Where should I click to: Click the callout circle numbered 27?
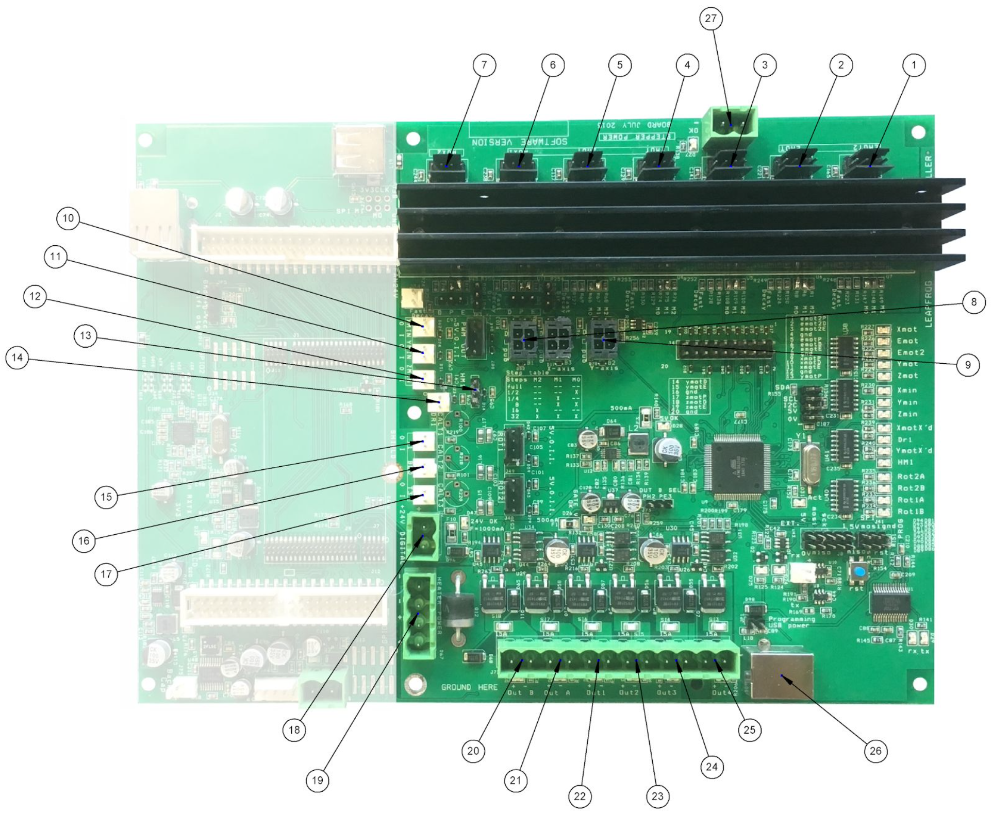pos(710,19)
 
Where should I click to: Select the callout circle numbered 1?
pos(914,65)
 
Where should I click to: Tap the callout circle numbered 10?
pos(68,218)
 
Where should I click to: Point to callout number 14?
pos(18,358)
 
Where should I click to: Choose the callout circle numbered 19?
pos(318,780)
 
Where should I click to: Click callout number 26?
pos(875,751)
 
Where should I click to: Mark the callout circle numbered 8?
pos(973,302)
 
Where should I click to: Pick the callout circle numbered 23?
pos(657,796)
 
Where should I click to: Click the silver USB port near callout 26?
pos(781,673)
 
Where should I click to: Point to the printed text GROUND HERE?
pos(469,687)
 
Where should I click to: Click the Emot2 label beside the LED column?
pos(911,353)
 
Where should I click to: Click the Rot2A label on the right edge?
pos(911,477)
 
